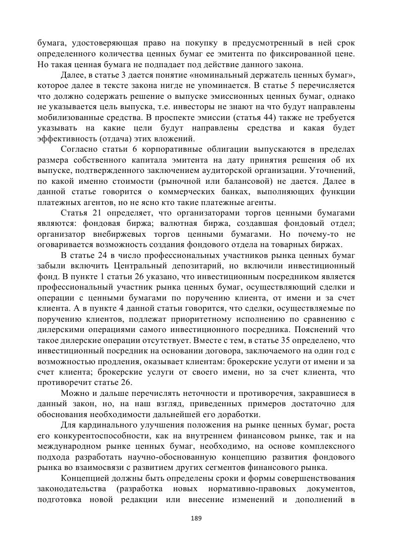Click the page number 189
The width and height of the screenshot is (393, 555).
196,518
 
